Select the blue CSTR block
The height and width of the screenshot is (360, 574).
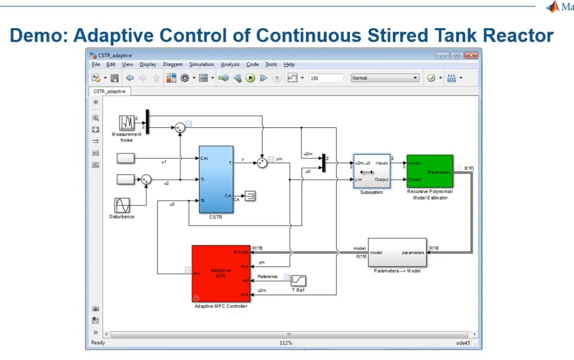(x=216, y=179)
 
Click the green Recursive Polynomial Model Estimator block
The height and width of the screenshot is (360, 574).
(x=430, y=171)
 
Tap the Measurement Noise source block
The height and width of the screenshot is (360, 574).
(x=127, y=122)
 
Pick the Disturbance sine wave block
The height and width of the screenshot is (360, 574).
(x=122, y=205)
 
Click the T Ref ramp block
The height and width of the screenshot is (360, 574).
(x=298, y=280)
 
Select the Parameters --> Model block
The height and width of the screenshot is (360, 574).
(x=397, y=253)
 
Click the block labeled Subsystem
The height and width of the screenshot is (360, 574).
(x=372, y=171)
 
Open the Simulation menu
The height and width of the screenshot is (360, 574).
(x=202, y=64)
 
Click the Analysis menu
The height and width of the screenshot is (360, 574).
(x=230, y=64)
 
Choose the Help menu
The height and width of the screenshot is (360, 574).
(x=289, y=64)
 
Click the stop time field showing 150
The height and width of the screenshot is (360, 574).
(x=326, y=78)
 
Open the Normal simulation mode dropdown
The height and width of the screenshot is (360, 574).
(x=385, y=78)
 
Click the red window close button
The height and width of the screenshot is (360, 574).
(x=471, y=55)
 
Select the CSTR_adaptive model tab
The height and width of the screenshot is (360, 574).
(x=110, y=92)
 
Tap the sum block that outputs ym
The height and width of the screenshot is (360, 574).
(x=262, y=162)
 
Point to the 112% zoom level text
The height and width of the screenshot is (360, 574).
(x=286, y=343)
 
